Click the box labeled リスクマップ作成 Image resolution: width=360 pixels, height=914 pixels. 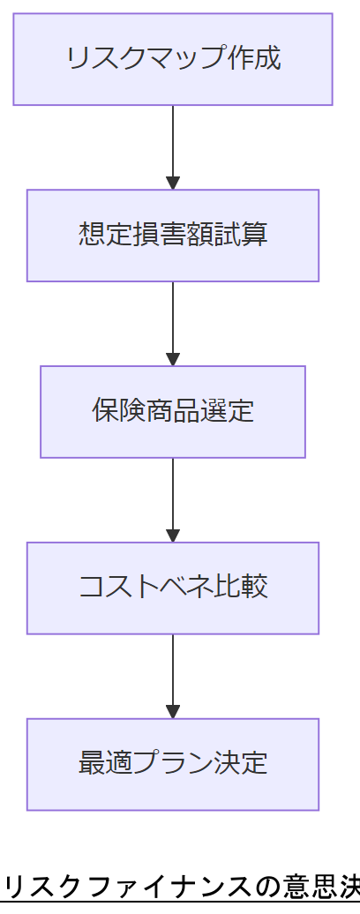point(173,59)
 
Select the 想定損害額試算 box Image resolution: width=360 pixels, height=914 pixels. point(173,236)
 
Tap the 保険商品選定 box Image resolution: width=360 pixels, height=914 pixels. point(173,412)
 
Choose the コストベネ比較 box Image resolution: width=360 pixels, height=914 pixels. point(173,588)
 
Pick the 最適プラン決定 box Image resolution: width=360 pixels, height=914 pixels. point(173,765)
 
